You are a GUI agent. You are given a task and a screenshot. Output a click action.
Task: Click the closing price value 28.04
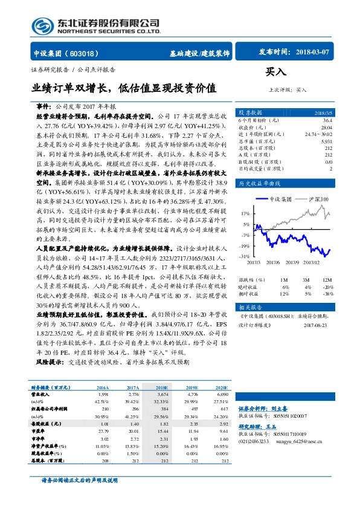(x=327, y=127)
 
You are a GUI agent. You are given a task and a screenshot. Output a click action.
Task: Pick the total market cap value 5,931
(x=326, y=140)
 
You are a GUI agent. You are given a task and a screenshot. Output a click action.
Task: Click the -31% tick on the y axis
(x=245, y=256)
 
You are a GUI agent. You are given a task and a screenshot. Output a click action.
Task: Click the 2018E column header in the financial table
(x=162, y=387)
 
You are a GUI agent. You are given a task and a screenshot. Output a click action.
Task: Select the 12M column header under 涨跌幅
(x=327, y=280)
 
